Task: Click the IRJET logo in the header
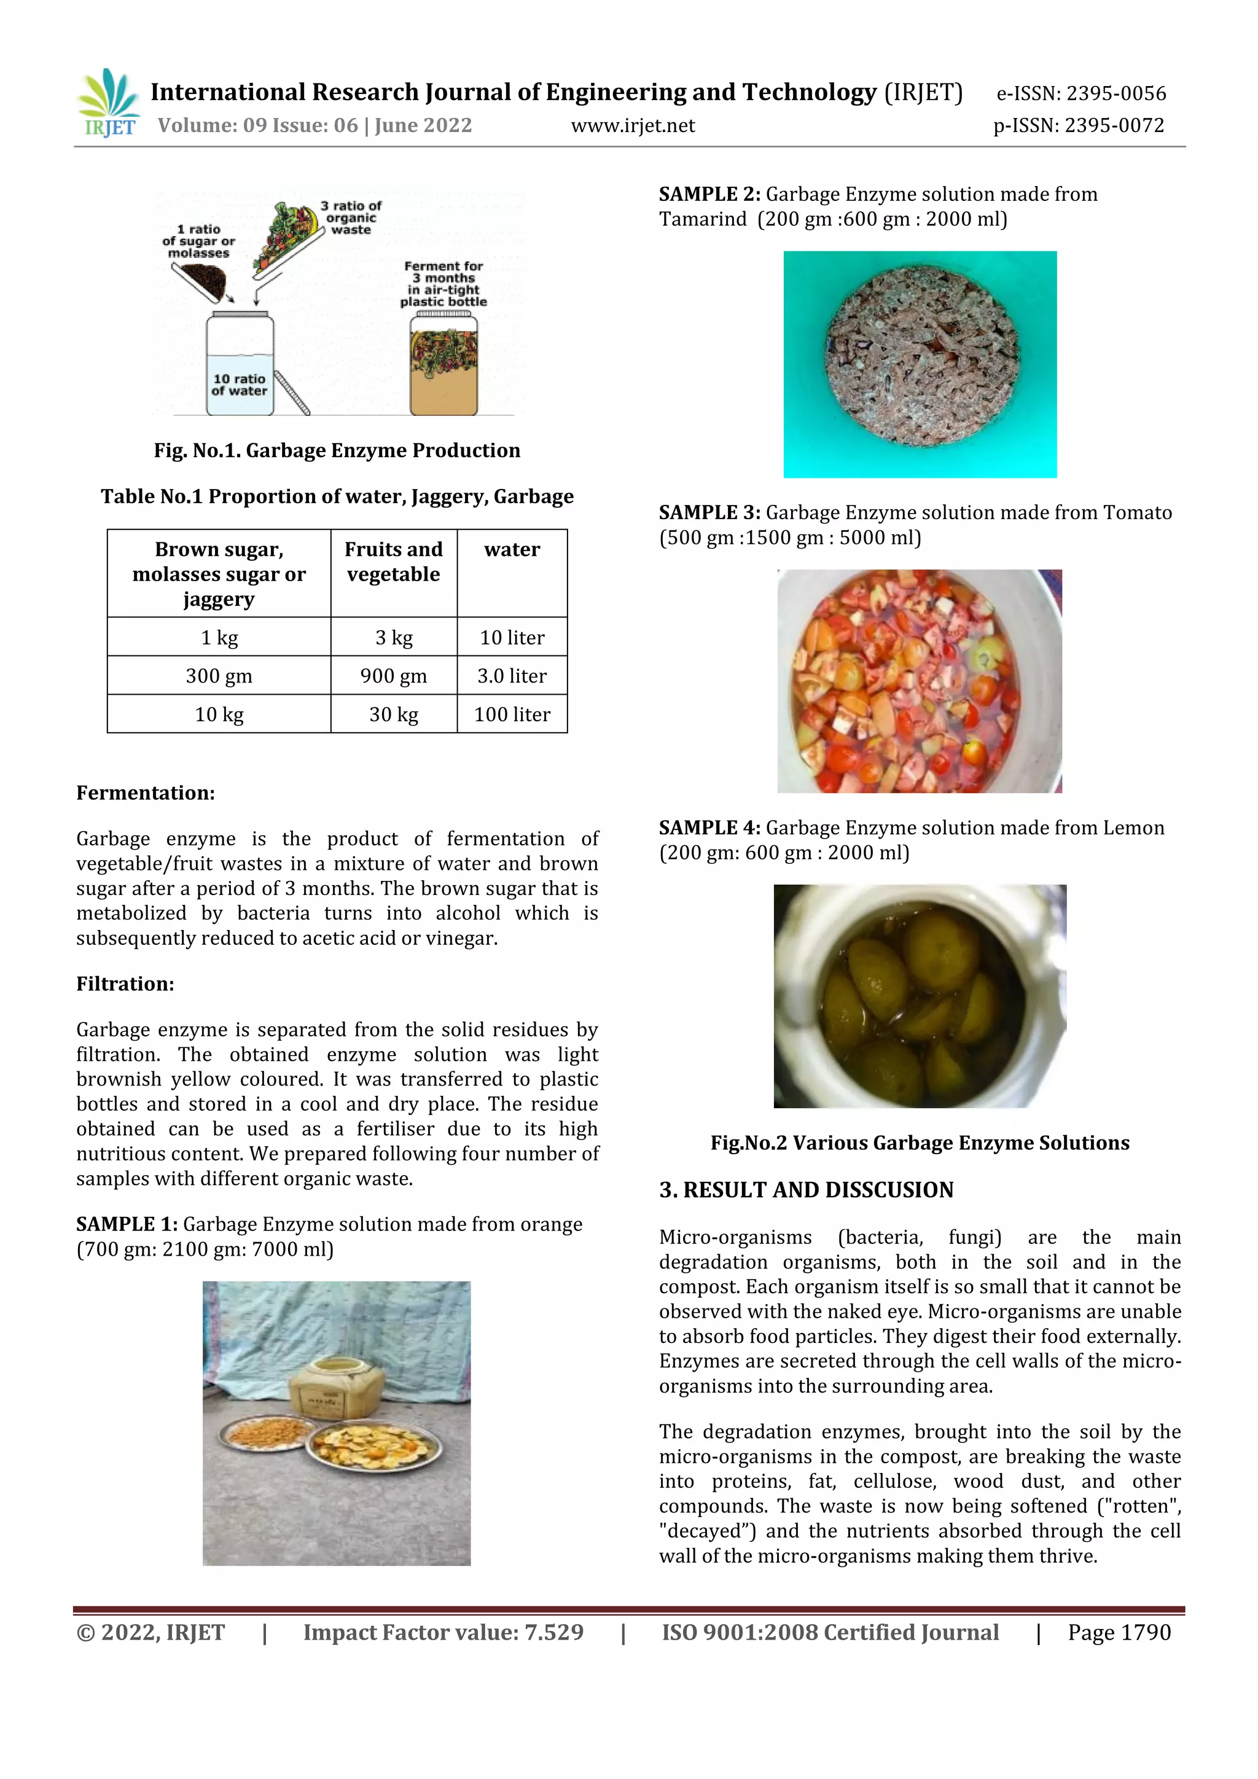[x=109, y=103]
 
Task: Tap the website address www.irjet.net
[x=633, y=125]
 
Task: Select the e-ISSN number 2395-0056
[x=1115, y=94]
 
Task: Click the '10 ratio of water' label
[x=240, y=385]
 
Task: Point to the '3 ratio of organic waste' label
[x=351, y=217]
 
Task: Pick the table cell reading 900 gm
[x=394, y=676]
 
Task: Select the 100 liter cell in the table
[x=512, y=714]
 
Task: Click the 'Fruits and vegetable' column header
[x=394, y=561]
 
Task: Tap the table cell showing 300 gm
[x=219, y=676]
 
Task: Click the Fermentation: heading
[x=146, y=792]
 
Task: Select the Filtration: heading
[x=125, y=984]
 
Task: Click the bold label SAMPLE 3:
[x=709, y=513]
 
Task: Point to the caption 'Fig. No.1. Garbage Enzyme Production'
[x=337, y=451]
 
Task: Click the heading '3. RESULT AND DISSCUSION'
[x=807, y=1190]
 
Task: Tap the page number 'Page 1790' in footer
[x=1119, y=1633]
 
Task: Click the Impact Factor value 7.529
[x=554, y=1633]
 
